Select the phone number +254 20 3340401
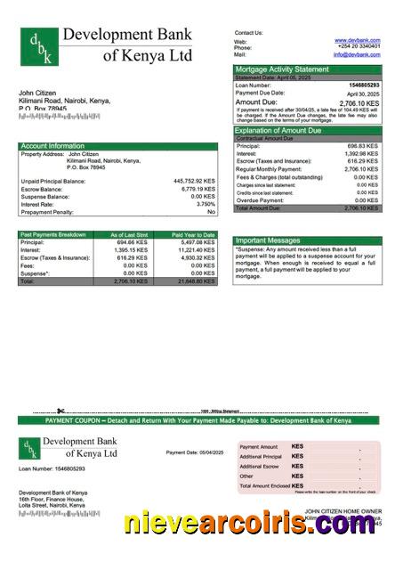pos(359,47)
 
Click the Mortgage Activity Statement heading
pos(281,69)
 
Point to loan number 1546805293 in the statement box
pos(362,85)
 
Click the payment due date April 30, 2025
pos(363,94)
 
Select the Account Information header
pos(52,146)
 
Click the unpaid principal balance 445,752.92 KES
pos(194,181)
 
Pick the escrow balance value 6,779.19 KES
pos(197,189)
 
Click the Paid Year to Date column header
pos(194,234)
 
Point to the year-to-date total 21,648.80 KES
pos(196,281)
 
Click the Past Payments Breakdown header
pos(52,234)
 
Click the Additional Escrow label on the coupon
pos(259,466)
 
